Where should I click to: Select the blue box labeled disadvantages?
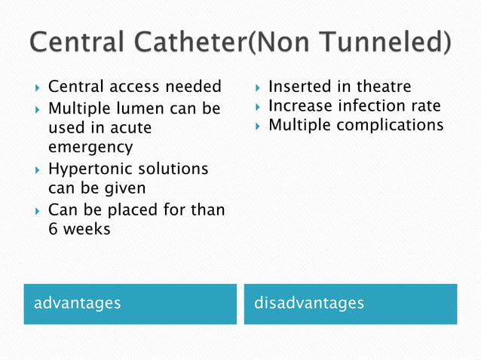[x=350, y=304]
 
